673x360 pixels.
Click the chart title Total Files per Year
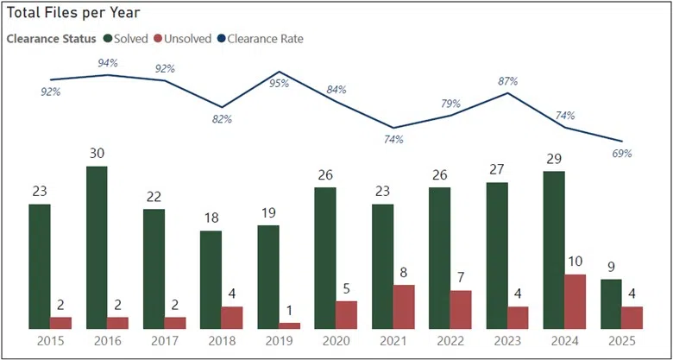[x=74, y=14]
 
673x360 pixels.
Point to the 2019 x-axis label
[x=279, y=343]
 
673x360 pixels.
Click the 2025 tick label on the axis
[x=622, y=343]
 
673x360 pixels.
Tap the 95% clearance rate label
[x=279, y=84]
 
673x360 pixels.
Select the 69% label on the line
[x=622, y=153]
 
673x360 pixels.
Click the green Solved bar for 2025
[x=610, y=303]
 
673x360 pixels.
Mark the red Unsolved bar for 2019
[x=290, y=325]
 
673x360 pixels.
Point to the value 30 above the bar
[x=97, y=152]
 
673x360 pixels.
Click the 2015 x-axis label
[x=50, y=343]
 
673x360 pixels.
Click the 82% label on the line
[x=222, y=119]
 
